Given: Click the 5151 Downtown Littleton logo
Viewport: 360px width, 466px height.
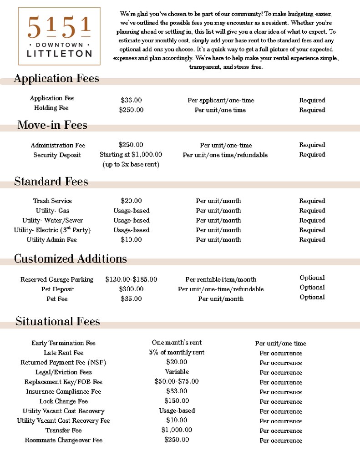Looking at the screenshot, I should (59, 36).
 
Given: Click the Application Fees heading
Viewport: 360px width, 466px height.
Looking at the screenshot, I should (56, 79).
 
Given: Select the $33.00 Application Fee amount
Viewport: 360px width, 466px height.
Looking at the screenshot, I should (131, 100).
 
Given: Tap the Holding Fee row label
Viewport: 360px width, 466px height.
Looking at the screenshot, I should (51, 108).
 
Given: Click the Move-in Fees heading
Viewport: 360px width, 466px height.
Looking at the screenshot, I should (52, 125).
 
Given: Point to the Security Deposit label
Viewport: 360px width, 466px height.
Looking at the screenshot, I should (57, 155).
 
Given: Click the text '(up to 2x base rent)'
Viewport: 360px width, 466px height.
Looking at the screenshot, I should (131, 164).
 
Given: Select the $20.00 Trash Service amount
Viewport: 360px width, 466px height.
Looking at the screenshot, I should (131, 201).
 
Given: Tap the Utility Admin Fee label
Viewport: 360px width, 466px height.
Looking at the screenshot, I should (52, 240).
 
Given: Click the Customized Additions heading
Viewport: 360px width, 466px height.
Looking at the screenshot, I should (70, 259).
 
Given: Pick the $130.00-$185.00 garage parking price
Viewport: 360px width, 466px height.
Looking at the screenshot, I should (131, 279).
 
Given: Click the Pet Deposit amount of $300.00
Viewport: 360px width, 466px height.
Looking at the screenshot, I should (131, 289).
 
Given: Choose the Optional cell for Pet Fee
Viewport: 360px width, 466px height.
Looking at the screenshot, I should (312, 297).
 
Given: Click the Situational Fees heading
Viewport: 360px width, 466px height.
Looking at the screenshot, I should (57, 322).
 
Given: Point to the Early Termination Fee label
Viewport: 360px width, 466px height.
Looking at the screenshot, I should (63, 343).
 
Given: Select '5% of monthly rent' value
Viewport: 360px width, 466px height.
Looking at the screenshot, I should (177, 352).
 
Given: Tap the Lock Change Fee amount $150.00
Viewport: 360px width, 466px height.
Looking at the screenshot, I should (177, 401).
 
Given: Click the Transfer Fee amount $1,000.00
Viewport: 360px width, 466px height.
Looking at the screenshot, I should (177, 430).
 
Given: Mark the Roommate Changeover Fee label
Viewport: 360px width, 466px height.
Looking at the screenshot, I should (63, 440).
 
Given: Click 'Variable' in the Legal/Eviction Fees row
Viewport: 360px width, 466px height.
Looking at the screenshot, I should (177, 372).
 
